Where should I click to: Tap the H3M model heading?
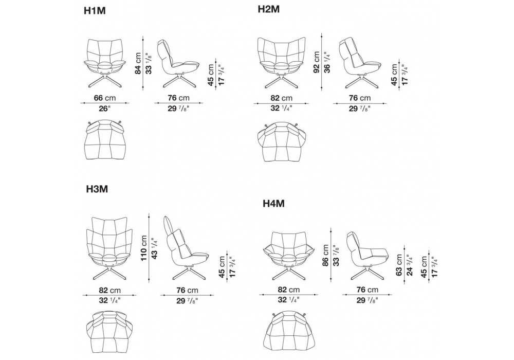[x=97, y=189]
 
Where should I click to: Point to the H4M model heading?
[x=273, y=204]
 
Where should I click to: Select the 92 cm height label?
[x=317, y=63]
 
